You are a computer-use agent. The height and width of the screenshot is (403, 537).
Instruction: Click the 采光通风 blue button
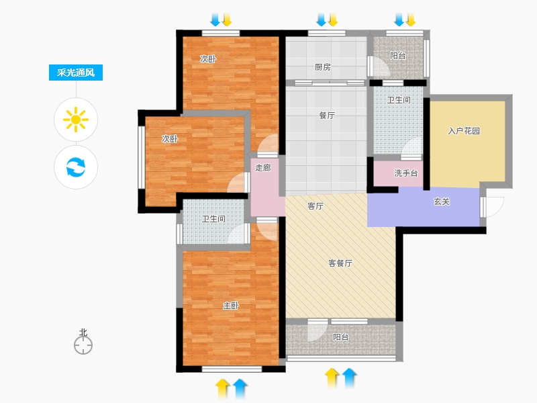pyautogui.click(x=76, y=73)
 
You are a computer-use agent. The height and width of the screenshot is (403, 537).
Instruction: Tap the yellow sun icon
pyautogui.click(x=76, y=120)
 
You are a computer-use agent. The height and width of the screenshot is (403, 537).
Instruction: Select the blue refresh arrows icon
pyautogui.click(x=76, y=167)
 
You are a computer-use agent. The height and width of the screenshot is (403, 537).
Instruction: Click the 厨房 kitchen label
pyautogui.click(x=323, y=67)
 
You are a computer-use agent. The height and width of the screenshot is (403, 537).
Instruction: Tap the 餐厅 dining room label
pyautogui.click(x=327, y=116)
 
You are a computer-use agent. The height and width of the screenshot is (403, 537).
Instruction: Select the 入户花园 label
pyautogui.click(x=464, y=131)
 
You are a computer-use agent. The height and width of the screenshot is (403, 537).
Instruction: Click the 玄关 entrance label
pyautogui.click(x=442, y=201)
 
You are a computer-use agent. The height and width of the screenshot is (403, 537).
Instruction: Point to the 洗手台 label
pyautogui.click(x=406, y=173)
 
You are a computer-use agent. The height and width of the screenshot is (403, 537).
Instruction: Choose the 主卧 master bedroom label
pyautogui.click(x=230, y=306)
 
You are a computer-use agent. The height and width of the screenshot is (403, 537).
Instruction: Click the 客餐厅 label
pyautogui.click(x=340, y=263)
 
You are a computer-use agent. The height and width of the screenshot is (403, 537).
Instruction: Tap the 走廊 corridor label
pyautogui.click(x=263, y=167)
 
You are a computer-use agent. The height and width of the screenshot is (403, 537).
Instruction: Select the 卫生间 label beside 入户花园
pyautogui.click(x=399, y=99)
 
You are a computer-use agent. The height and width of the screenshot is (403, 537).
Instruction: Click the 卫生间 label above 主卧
pyautogui.click(x=213, y=219)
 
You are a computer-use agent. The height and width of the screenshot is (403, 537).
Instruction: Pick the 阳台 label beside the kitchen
pyautogui.click(x=398, y=56)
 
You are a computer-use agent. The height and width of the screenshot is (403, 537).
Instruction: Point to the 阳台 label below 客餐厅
pyautogui.click(x=341, y=337)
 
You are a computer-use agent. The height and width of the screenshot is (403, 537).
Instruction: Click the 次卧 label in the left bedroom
pyautogui.click(x=170, y=139)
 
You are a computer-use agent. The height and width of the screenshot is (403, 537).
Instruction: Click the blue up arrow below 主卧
pyautogui.click(x=240, y=388)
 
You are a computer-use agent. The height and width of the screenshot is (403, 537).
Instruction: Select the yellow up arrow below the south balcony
pyautogui.click(x=332, y=378)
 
